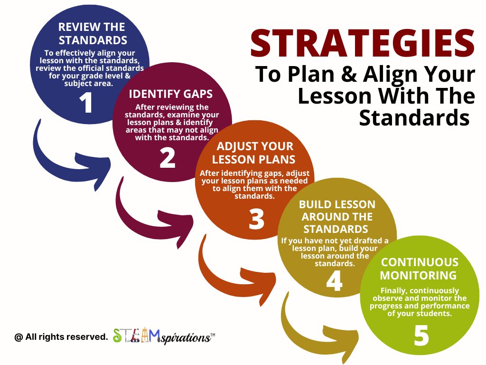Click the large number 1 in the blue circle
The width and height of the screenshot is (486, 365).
tap(86, 103)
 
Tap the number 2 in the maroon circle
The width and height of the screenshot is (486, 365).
tap(168, 158)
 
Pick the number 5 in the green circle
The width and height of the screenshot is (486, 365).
tap(421, 336)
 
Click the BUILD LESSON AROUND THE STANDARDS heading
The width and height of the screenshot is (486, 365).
tap(337, 217)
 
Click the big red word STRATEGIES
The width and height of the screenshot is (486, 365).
tap(363, 43)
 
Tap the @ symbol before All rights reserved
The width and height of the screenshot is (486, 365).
tap(19, 337)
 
